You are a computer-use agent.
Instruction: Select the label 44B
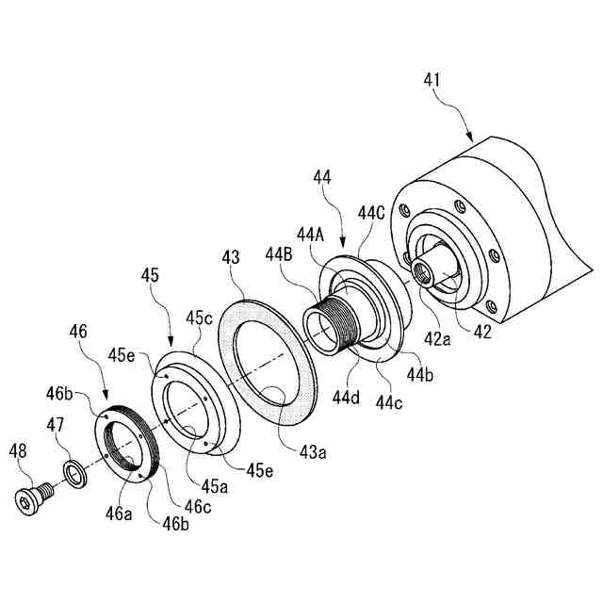tap(281, 253)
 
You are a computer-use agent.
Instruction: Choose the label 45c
tap(200, 318)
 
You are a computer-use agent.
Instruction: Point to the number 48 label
tap(18, 450)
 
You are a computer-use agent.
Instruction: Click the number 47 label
tap(57, 426)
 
